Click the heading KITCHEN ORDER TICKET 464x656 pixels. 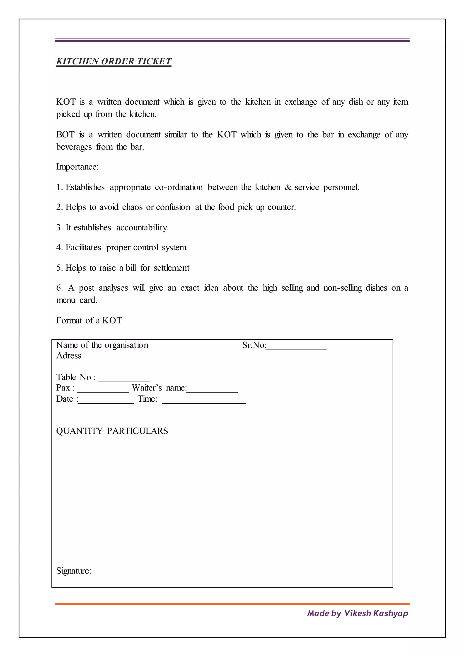(x=114, y=61)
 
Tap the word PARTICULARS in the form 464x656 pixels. (x=138, y=431)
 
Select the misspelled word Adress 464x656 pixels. (x=69, y=355)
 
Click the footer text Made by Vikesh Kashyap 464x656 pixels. (x=358, y=613)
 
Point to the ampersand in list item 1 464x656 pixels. (x=288, y=187)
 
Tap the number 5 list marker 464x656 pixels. (x=59, y=268)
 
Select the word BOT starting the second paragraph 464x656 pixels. (x=65, y=135)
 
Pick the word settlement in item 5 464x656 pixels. (x=172, y=268)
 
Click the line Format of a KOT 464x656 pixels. (x=89, y=320)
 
